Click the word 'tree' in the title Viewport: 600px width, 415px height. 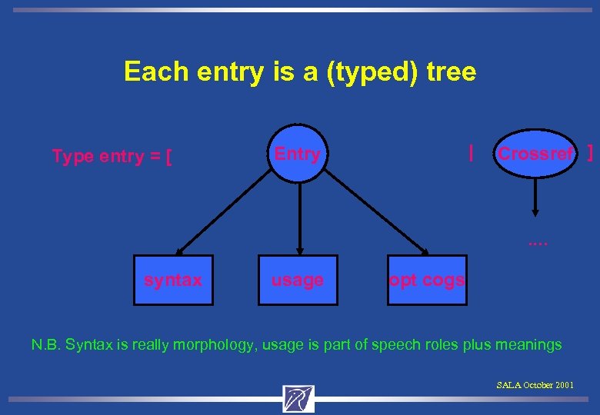(x=451, y=72)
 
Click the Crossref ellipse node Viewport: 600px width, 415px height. (x=535, y=154)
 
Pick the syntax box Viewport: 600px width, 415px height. (x=173, y=281)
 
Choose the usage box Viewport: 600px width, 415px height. (x=298, y=281)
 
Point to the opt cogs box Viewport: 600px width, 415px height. (x=427, y=281)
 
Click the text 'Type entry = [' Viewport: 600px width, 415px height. (x=112, y=157)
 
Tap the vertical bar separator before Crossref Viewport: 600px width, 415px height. (x=471, y=153)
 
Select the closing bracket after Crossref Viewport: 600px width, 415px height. (x=590, y=153)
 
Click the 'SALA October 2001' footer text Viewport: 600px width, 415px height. (x=535, y=384)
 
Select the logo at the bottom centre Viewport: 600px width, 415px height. (x=298, y=398)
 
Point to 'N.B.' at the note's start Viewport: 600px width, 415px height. (x=45, y=345)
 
